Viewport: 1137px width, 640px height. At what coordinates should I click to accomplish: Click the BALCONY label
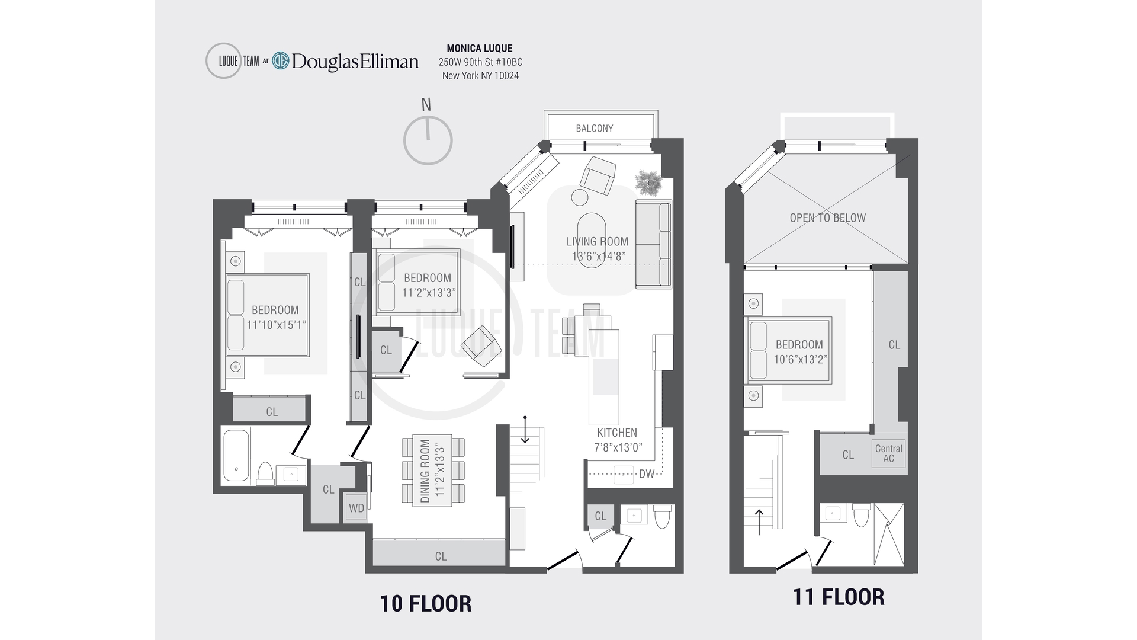(595, 128)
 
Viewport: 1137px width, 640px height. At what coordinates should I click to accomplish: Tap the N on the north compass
(426, 105)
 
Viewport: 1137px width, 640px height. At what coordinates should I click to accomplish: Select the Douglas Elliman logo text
(355, 61)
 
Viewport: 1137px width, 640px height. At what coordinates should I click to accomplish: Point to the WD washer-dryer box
(356, 508)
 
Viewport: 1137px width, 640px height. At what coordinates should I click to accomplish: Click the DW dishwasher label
(647, 474)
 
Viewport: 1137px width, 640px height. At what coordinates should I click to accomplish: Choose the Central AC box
(889, 453)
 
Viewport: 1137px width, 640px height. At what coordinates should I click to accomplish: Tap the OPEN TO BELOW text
(827, 217)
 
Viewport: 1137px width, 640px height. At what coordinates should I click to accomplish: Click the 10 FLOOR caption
(426, 604)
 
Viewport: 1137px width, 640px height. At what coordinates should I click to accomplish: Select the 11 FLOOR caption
(839, 597)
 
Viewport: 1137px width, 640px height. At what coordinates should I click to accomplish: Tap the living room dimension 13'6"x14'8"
(599, 257)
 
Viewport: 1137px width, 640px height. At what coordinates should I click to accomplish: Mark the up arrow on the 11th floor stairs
(759, 521)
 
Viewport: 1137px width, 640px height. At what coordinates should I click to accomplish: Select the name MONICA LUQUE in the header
(480, 49)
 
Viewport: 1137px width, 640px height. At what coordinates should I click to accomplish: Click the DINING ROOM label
(425, 471)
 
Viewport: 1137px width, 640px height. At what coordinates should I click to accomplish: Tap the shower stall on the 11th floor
(889, 535)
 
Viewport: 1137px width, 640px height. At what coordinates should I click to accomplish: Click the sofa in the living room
(654, 245)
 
